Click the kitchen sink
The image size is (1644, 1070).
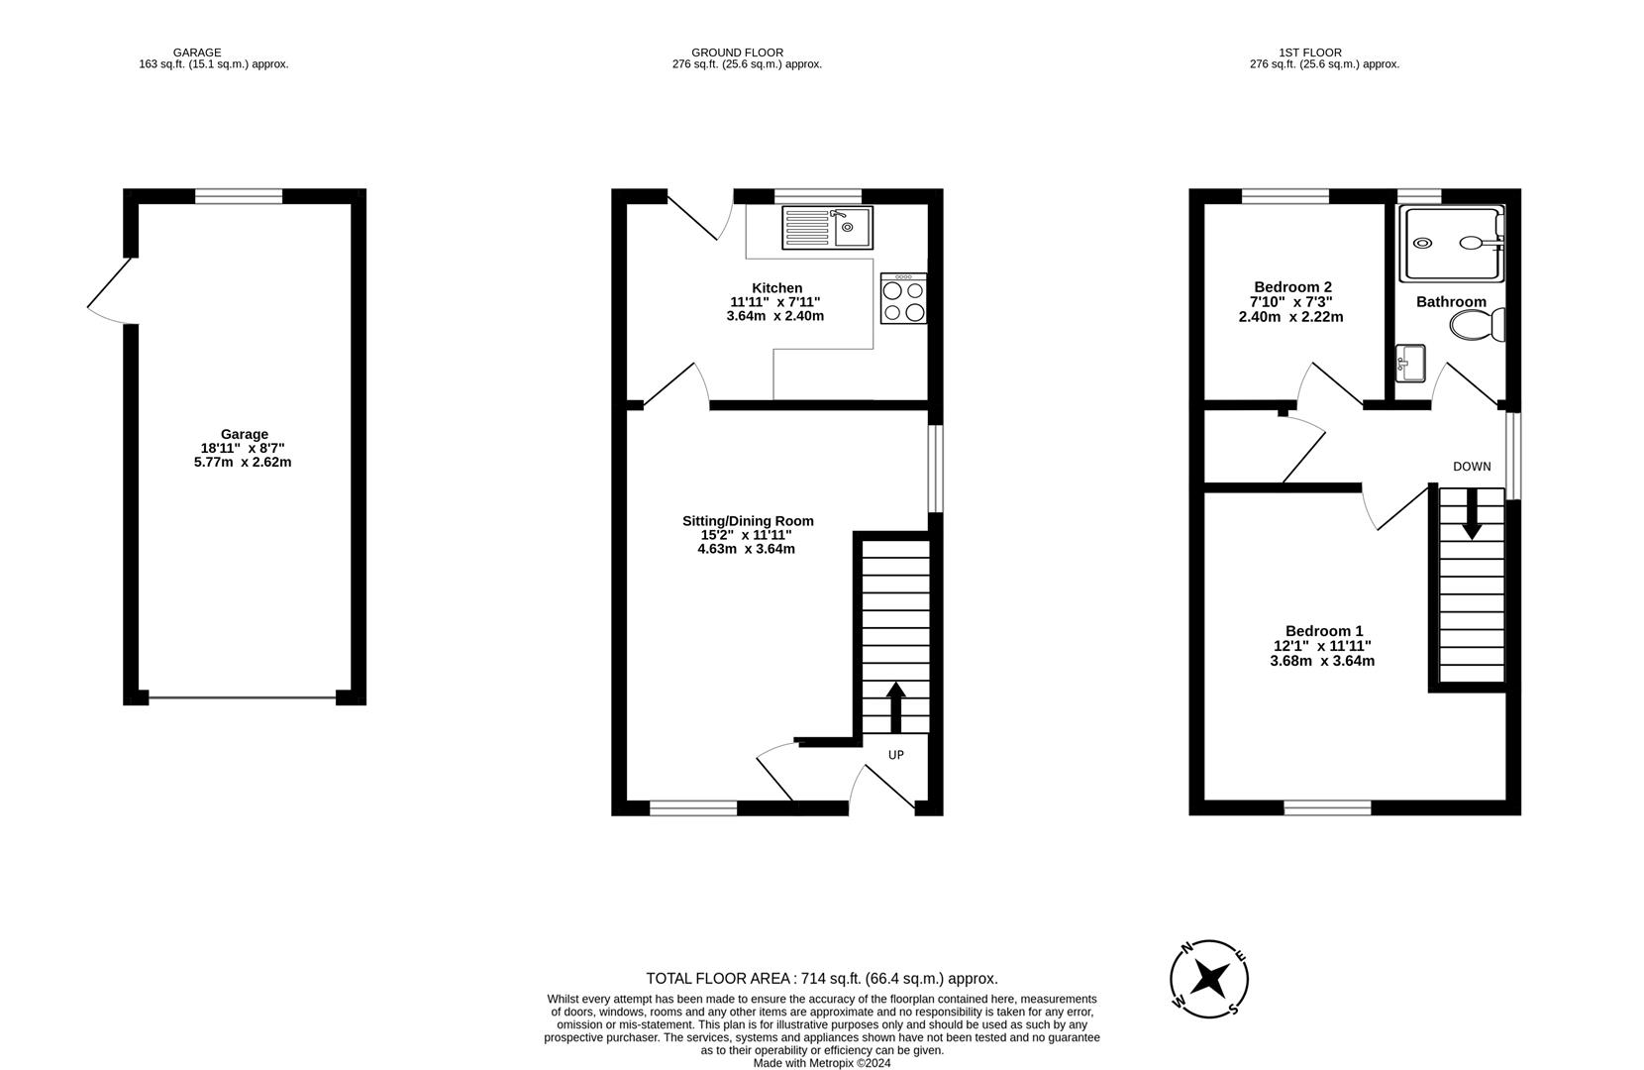[x=827, y=228]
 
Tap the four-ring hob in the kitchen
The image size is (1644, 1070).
[x=903, y=298]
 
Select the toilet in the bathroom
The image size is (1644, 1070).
[x=1478, y=325]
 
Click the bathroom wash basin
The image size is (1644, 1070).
[x=1410, y=364]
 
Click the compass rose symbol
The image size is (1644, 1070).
[x=1209, y=979]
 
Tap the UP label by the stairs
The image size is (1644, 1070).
[x=896, y=754]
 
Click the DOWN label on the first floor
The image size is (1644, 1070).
[x=1472, y=467]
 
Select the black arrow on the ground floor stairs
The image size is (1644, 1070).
[x=895, y=707]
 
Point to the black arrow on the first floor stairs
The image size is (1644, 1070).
[x=1472, y=514]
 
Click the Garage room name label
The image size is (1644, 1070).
[x=245, y=434]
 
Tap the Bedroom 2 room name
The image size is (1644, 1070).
[x=1292, y=287]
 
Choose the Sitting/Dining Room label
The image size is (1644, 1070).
[x=748, y=521]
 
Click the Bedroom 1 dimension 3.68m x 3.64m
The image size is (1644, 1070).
[x=1322, y=661]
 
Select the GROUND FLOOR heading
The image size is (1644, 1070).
[x=737, y=53]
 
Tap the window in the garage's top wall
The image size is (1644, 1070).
[x=239, y=196]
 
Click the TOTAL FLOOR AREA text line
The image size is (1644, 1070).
[x=822, y=978]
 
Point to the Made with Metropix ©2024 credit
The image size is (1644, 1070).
[x=822, y=1063]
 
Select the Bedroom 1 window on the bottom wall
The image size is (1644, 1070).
[x=1327, y=807]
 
